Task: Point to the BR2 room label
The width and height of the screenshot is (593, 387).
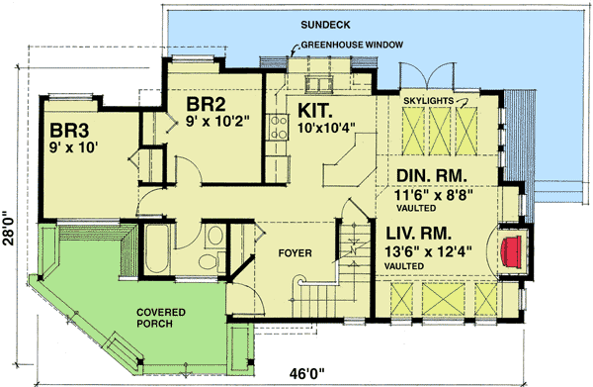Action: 209,102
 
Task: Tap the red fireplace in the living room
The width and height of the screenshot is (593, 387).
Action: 510,248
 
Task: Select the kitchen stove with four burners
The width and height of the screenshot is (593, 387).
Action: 277,124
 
